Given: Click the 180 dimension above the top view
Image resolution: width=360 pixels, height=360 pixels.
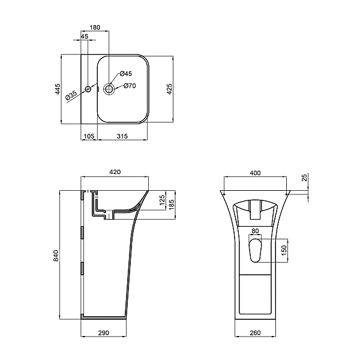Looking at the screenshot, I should [x=95, y=28].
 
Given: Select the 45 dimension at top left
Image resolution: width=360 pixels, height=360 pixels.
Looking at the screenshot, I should [x=84, y=37].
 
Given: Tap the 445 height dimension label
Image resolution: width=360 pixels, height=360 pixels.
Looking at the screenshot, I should [x=58, y=89].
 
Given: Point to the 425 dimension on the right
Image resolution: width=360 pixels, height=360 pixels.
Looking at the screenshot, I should [x=169, y=89].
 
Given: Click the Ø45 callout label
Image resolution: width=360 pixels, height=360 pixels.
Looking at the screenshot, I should [x=125, y=73].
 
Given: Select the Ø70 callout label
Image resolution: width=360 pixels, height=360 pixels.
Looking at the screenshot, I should [x=130, y=86].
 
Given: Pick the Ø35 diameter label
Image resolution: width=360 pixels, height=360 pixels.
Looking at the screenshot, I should [x=72, y=95].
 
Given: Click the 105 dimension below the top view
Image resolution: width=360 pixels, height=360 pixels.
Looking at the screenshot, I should [x=89, y=137].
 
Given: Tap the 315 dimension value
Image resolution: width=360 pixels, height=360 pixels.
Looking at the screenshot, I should [x=122, y=137].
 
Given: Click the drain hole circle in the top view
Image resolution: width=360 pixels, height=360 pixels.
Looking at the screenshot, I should [x=110, y=89].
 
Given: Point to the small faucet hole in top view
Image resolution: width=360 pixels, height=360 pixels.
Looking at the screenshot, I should [x=88, y=89].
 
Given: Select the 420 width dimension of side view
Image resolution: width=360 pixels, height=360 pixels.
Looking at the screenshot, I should [x=115, y=172].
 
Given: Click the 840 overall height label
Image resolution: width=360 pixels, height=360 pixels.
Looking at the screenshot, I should [x=56, y=255].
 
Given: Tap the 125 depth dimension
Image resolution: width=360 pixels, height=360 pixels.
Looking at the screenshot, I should [x=161, y=200].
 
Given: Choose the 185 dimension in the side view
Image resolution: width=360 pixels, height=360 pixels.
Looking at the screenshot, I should [x=171, y=205].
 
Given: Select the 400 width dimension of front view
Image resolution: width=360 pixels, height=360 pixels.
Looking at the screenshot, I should [x=255, y=173].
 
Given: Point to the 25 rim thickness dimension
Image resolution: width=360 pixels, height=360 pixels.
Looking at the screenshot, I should [x=304, y=178].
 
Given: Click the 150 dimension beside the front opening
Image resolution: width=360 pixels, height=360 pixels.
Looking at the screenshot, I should [x=284, y=249].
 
